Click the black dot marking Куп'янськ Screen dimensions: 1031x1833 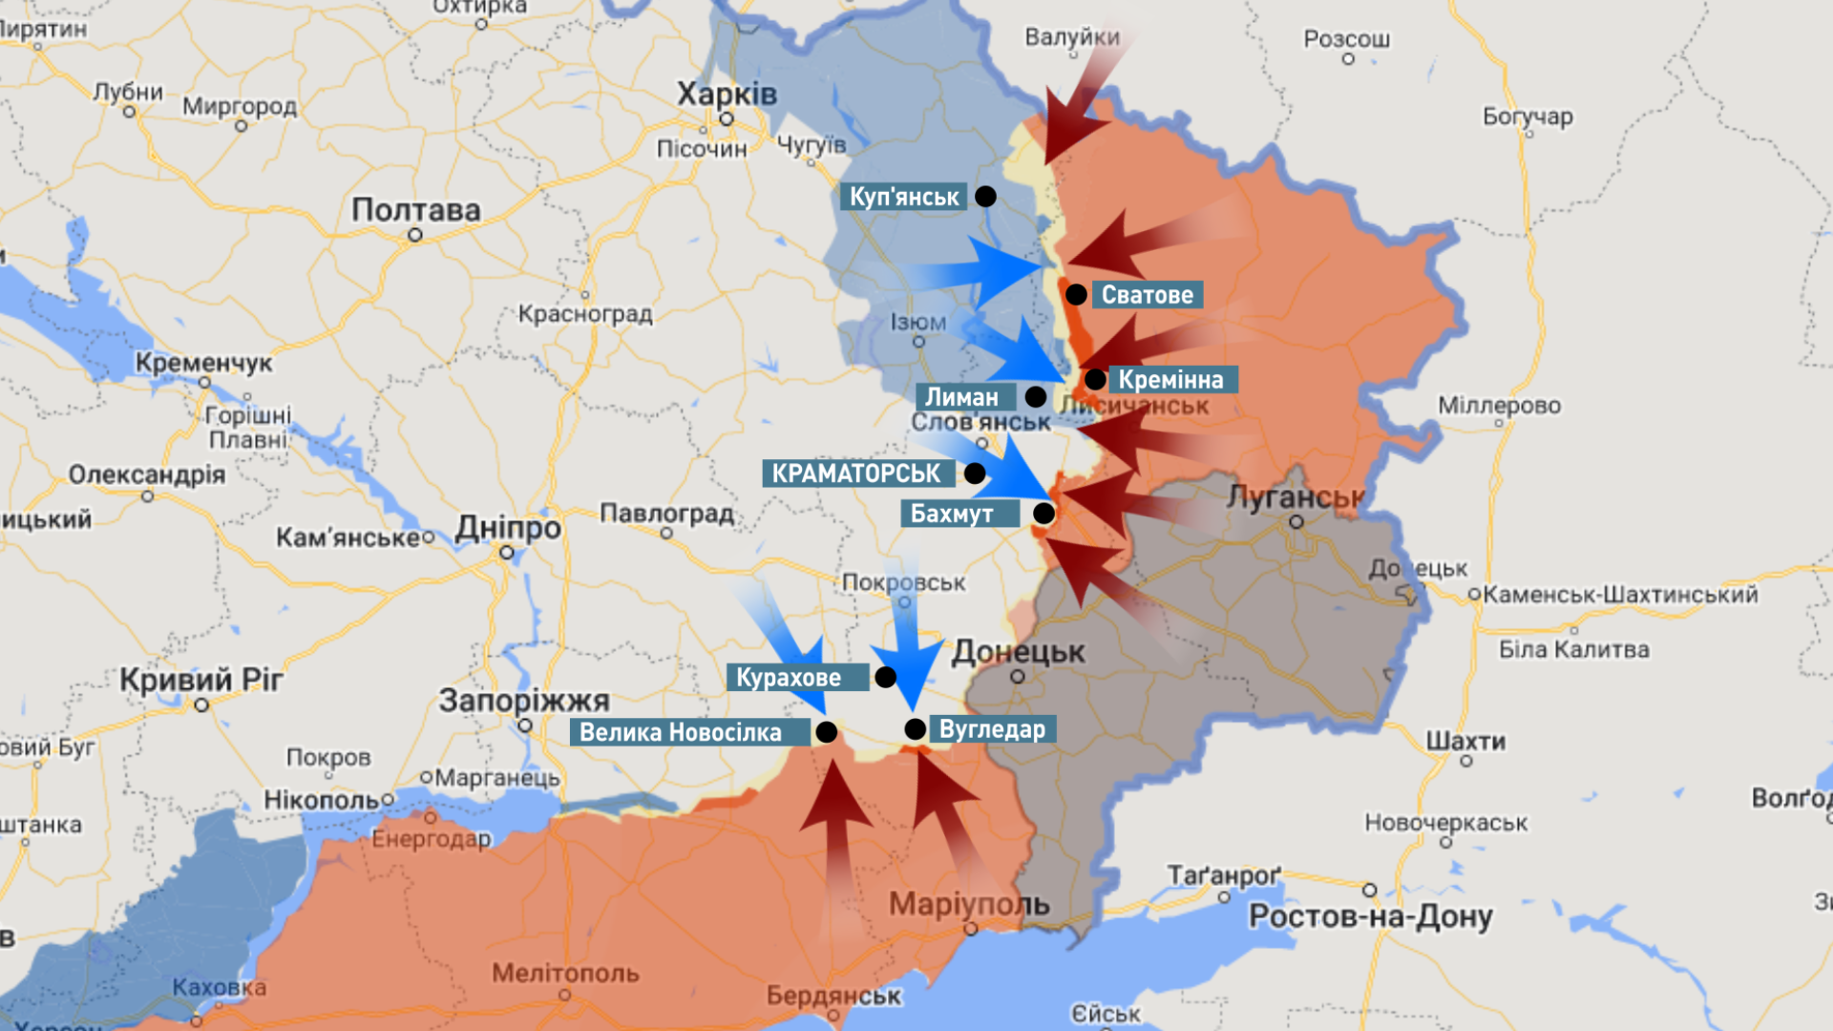pyautogui.click(x=985, y=197)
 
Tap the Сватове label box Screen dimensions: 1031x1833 pyautogui.click(x=1147, y=295)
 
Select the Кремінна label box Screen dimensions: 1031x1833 pyautogui.click(x=1171, y=380)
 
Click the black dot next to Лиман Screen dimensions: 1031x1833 pyautogui.click(x=1035, y=397)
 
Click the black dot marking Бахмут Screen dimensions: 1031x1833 pyautogui.click(x=1043, y=514)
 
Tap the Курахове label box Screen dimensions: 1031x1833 pyautogui.click(x=789, y=678)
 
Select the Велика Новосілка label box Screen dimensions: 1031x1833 pyautogui.click(x=681, y=733)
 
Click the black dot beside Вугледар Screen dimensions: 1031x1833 pyautogui.click(x=915, y=729)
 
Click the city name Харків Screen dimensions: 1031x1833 pyautogui.click(x=727, y=95)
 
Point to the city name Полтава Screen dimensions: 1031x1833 pyautogui.click(x=415, y=210)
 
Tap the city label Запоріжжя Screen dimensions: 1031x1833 pyautogui.click(x=523, y=701)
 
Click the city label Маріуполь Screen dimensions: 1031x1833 pyautogui.click(x=968, y=904)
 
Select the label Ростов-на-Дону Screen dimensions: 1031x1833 pyautogui.click(x=1370, y=916)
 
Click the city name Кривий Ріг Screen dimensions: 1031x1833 pyautogui.click(x=201, y=680)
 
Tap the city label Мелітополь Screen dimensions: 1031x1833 pyautogui.click(x=565, y=974)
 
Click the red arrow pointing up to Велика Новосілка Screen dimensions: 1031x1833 pyautogui.click(x=836, y=821)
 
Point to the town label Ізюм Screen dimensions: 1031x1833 pyautogui.click(x=917, y=323)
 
